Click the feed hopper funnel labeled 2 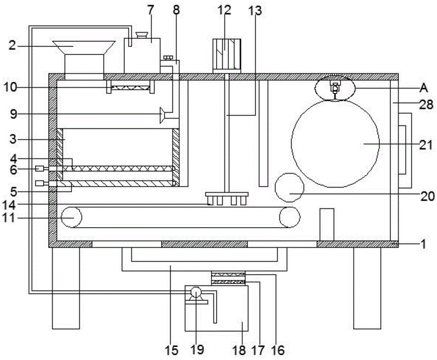[x=83, y=47]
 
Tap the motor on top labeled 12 [x=226, y=54]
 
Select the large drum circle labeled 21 [x=335, y=143]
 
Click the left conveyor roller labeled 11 [x=71, y=217]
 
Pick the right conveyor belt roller [x=290, y=217]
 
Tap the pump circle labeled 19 [x=196, y=293]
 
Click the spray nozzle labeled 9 [x=162, y=115]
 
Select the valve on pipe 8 [x=168, y=58]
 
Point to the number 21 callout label [x=426, y=145]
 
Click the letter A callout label [x=423, y=88]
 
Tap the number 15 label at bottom [x=171, y=350]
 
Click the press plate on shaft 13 [x=226, y=194]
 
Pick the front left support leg [x=66, y=288]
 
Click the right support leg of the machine [x=367, y=288]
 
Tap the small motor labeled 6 [x=40, y=168]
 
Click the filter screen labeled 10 [x=130, y=88]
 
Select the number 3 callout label [x=13, y=139]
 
